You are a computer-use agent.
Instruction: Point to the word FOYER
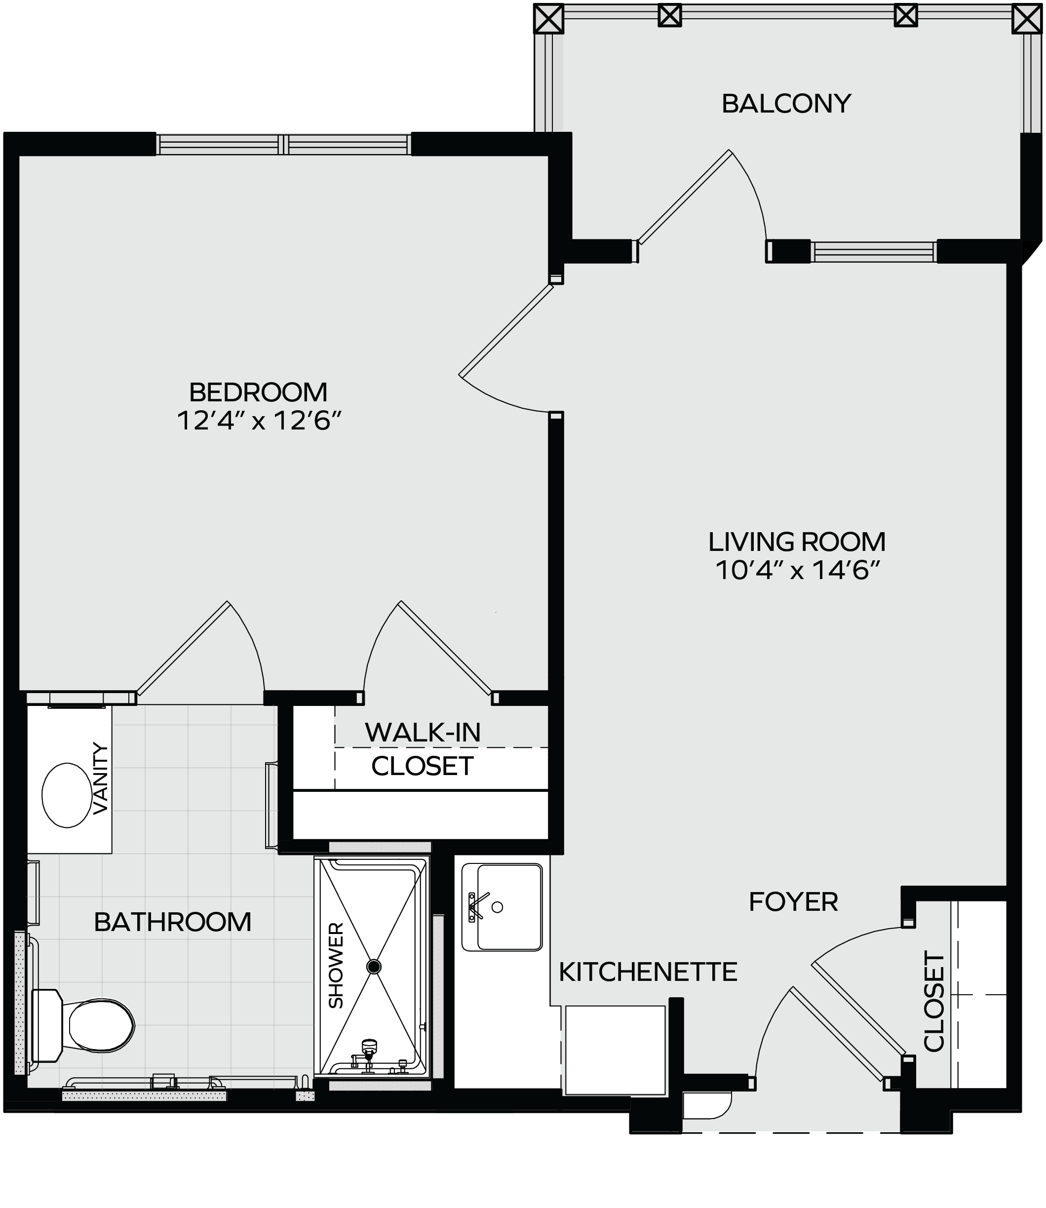pyautogui.click(x=793, y=901)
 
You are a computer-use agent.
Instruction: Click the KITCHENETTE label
pyautogui.click(x=648, y=972)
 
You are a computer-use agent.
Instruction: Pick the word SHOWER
pyautogui.click(x=336, y=965)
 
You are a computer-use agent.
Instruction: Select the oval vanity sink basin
pyautogui.click(x=67, y=795)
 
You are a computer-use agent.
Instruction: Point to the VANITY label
pyautogui.click(x=101, y=779)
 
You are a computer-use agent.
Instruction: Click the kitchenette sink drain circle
pyautogui.click(x=497, y=907)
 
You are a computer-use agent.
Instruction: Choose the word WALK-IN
pyautogui.click(x=423, y=732)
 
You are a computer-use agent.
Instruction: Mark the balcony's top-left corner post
pyautogui.click(x=549, y=18)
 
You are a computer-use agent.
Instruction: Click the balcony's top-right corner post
pyautogui.click(x=1027, y=18)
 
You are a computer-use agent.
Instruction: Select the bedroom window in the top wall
pyautogui.click(x=283, y=144)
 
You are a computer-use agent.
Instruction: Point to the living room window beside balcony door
pyautogui.click(x=874, y=252)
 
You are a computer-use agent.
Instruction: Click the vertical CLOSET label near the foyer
pyautogui.click(x=934, y=1001)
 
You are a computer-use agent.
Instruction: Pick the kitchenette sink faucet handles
pyautogui.click(x=476, y=906)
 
